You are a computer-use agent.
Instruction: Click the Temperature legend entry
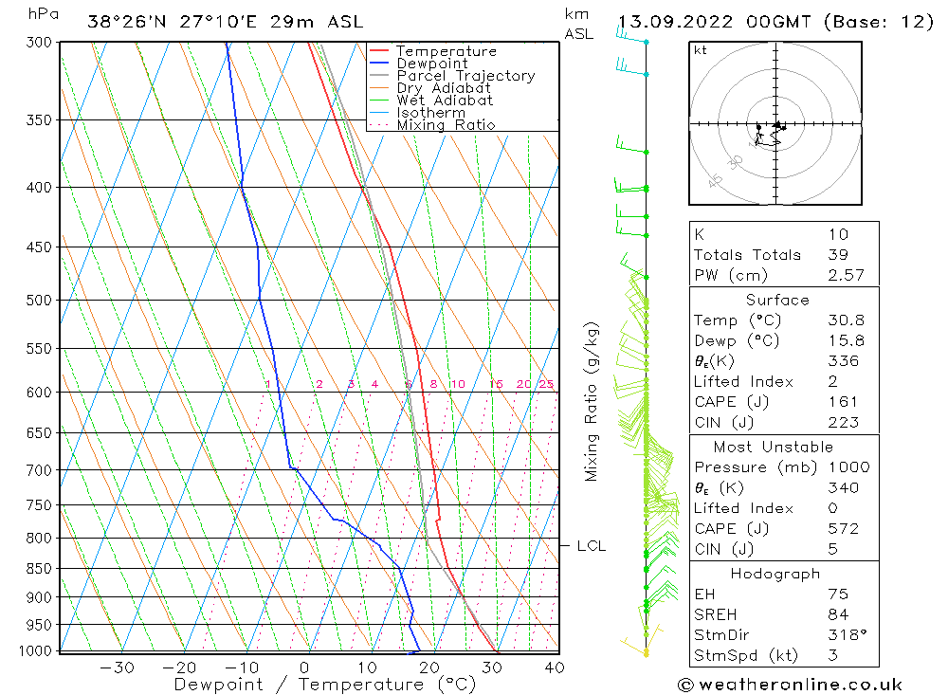(446, 51)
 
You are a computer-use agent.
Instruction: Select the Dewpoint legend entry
(432, 64)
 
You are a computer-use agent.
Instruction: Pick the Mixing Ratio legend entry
(446, 125)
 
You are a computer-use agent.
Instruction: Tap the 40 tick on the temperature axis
(555, 668)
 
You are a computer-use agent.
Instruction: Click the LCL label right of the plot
(591, 546)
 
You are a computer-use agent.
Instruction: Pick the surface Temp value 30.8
(845, 320)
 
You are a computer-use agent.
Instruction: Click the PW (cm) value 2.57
(845, 275)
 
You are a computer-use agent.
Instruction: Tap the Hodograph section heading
(775, 574)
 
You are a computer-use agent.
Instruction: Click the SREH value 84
(837, 614)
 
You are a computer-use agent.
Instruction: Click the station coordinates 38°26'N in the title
(130, 21)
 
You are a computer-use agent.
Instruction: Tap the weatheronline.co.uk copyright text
(790, 685)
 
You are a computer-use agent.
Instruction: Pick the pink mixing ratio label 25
(546, 384)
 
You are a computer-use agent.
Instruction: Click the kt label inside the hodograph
(701, 50)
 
